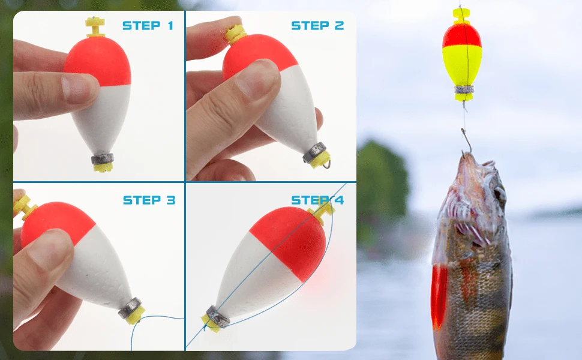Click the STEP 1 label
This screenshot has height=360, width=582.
tap(148, 25)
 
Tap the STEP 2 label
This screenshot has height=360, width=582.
tap(317, 25)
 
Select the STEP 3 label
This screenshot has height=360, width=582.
tap(149, 200)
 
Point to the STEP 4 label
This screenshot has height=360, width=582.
tap(317, 200)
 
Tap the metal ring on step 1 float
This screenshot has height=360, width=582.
tap(103, 159)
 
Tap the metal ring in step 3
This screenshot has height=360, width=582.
tap(131, 308)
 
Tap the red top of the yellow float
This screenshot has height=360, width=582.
tap(461, 36)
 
